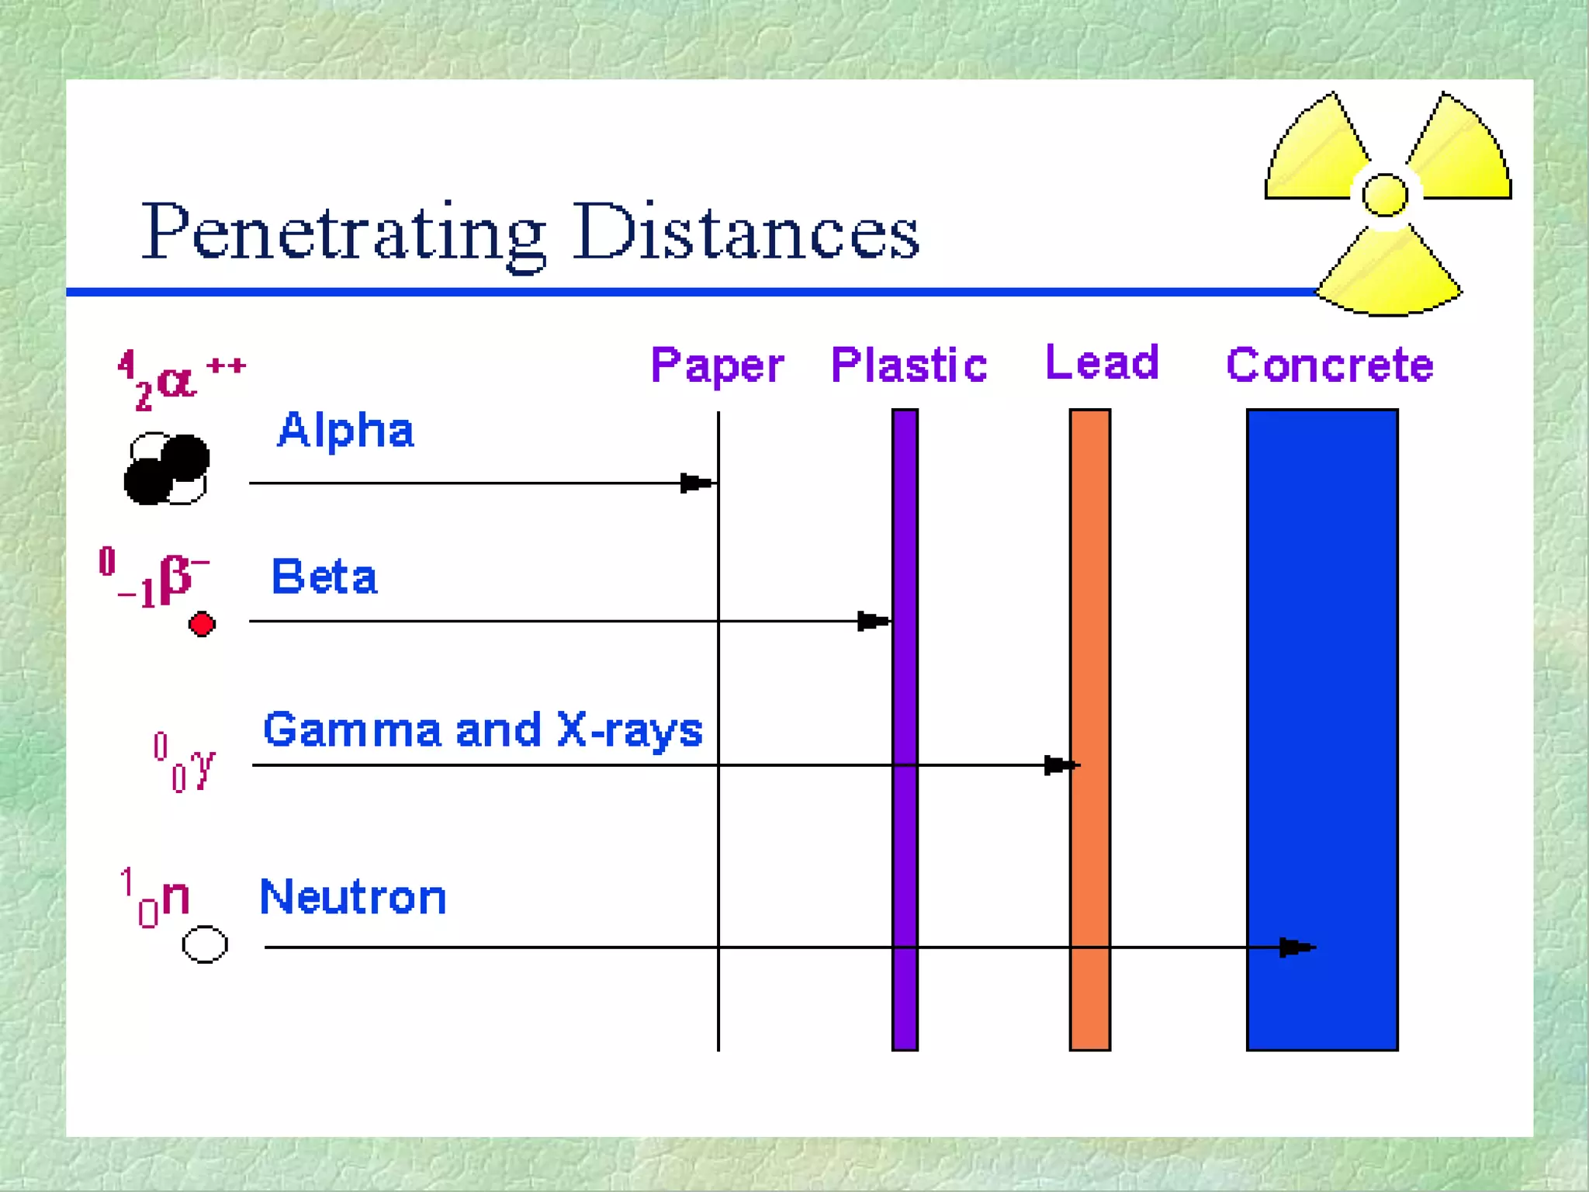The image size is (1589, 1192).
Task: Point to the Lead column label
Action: (x=1102, y=362)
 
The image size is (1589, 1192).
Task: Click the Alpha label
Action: (x=346, y=431)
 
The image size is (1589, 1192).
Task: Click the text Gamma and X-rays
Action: (x=483, y=730)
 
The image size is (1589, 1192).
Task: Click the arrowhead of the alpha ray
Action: (x=696, y=483)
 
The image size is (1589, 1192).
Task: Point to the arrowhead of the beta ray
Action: (x=873, y=621)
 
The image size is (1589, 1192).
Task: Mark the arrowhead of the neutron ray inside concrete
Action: (x=1296, y=947)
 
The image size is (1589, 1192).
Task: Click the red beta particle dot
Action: (x=202, y=624)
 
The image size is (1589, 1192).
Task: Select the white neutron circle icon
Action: (x=205, y=944)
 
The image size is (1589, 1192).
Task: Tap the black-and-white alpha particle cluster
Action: (x=167, y=470)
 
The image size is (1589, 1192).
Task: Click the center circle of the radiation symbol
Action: (x=1385, y=194)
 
